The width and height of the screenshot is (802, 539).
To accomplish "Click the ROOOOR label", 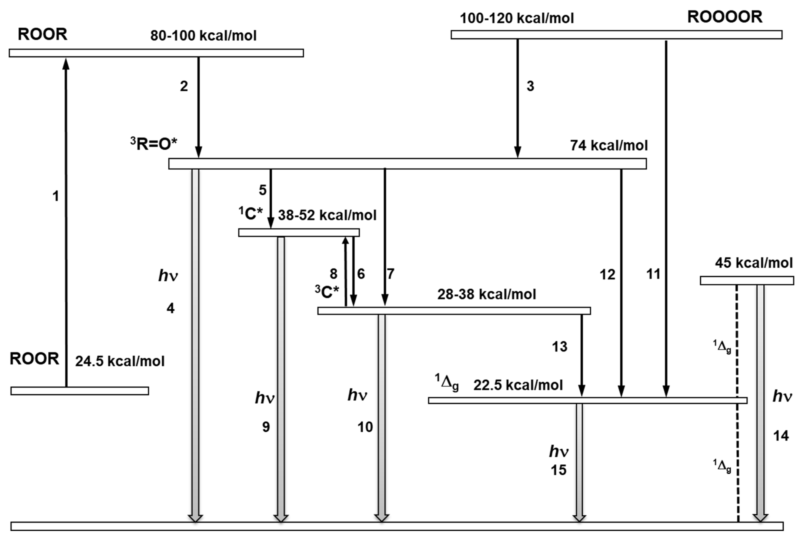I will click(x=725, y=17).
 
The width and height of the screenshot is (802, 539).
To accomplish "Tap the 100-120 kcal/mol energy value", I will click(x=517, y=18).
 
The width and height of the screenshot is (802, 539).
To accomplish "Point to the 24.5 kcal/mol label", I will click(x=120, y=361).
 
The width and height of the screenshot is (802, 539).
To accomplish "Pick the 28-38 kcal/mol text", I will click(x=487, y=294).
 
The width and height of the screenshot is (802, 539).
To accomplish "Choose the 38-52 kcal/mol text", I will click(x=327, y=215).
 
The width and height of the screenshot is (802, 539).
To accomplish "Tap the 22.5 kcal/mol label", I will click(x=518, y=385).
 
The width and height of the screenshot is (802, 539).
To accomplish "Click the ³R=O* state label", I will click(x=154, y=144).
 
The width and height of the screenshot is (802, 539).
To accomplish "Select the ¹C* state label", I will click(x=251, y=214).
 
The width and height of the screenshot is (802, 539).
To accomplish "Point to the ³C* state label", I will click(x=327, y=292).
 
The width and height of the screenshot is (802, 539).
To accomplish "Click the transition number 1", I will click(x=55, y=196).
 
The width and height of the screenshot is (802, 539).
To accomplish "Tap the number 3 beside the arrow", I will click(x=530, y=86).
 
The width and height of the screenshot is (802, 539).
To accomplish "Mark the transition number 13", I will click(x=559, y=346).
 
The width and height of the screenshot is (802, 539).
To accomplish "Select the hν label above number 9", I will click(x=264, y=398).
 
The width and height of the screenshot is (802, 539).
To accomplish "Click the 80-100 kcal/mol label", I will click(x=203, y=35).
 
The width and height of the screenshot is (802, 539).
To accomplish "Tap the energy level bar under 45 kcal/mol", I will click(x=747, y=280).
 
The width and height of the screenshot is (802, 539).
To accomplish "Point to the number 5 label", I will click(x=263, y=190).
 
